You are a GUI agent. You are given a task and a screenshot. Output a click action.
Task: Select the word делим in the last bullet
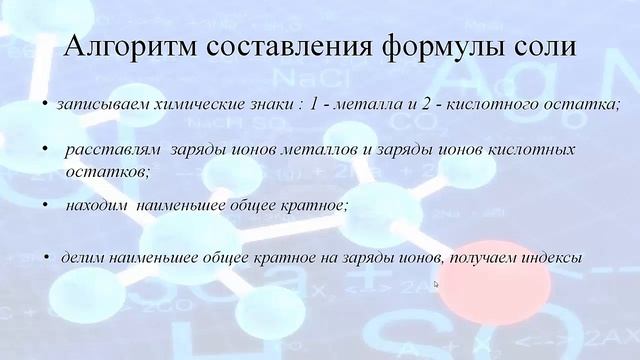coord(81,257)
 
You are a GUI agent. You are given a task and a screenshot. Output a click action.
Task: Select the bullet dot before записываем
coord(46,104)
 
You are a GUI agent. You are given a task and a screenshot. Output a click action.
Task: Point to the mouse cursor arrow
coord(436,284)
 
